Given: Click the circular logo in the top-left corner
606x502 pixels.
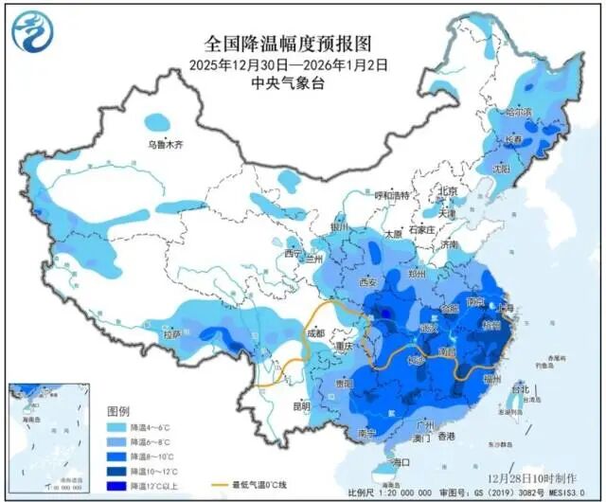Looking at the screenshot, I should point(31,30).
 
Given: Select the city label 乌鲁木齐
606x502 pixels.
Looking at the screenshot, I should point(164,145).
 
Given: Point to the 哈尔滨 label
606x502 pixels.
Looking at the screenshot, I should point(519,112).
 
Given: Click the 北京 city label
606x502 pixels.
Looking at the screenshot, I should point(447,192).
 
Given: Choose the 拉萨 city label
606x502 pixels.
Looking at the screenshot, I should point(171,334).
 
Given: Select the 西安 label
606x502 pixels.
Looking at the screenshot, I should point(366,282).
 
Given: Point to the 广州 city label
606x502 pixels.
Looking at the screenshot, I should point(423,425).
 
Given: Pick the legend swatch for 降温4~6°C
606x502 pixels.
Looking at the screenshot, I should point(117,428).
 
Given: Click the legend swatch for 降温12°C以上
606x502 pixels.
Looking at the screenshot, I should point(117,485).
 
